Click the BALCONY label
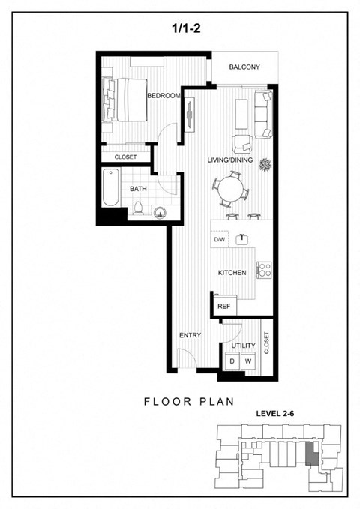coord(244,67)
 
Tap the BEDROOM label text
coord(164,96)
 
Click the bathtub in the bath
coord(111,190)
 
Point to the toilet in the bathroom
coord(138,209)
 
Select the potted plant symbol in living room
coord(265,164)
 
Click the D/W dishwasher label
coord(220,240)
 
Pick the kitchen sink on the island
coord(242,240)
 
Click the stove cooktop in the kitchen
coord(263,269)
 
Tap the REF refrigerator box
coord(223,306)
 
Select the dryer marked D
coord(232,361)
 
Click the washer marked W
coord(248,361)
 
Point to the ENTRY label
coord(190,335)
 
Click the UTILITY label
coord(244,346)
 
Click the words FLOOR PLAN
coord(180,402)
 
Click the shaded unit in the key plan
coord(310,453)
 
